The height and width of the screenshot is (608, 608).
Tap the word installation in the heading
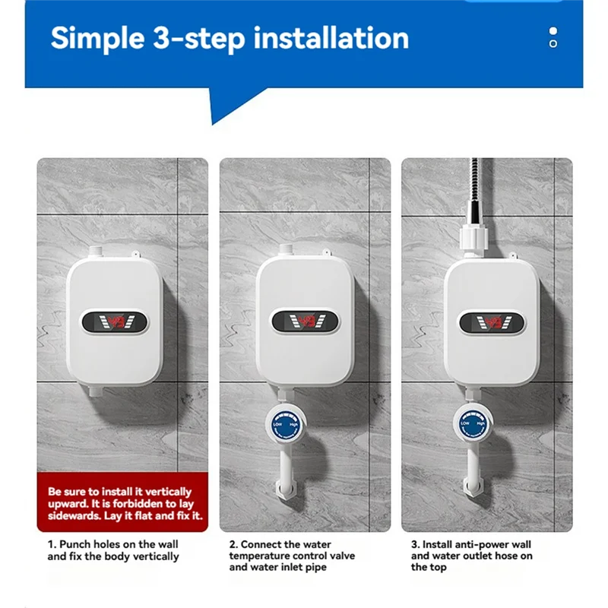click(x=330, y=38)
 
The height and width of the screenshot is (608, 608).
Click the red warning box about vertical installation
click(x=122, y=502)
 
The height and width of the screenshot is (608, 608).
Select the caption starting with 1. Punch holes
click(x=113, y=550)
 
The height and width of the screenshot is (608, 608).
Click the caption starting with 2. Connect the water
click(x=293, y=556)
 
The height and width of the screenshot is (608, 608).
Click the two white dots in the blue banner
click(x=553, y=37)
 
